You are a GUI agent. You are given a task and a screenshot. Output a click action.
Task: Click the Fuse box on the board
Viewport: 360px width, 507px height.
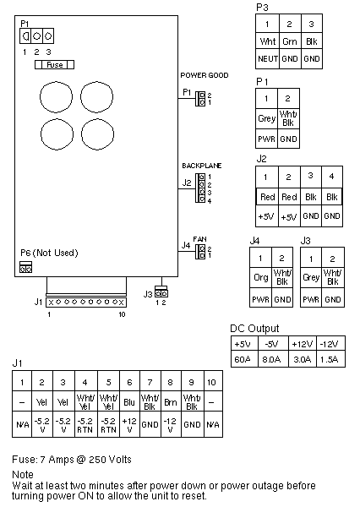tap(54, 65)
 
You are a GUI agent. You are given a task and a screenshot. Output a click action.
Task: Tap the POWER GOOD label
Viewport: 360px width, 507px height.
tap(205, 75)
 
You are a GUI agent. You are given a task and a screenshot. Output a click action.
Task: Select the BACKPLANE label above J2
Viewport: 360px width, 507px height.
tap(202, 166)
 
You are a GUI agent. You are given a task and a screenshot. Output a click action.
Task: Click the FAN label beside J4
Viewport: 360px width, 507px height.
tap(199, 239)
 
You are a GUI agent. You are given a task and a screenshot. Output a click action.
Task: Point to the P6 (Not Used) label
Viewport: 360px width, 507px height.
tap(49, 253)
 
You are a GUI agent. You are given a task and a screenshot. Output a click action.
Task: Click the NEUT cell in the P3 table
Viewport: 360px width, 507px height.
tap(268, 59)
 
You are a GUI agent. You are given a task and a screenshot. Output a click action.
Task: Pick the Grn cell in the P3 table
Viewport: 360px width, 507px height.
tap(290, 41)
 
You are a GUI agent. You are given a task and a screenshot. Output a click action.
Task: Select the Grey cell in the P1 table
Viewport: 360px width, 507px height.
tap(266, 118)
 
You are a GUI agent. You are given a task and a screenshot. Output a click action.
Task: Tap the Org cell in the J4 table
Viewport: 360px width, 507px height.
tap(260, 277)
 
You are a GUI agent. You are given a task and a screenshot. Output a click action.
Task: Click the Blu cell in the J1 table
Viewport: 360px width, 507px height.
tap(129, 402)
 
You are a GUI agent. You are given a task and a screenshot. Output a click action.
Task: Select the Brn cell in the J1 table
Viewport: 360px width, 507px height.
tap(170, 402)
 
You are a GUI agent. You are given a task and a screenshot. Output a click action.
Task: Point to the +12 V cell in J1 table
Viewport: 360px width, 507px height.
tap(129, 425)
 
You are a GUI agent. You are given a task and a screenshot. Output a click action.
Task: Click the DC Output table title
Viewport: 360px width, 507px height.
tap(254, 329)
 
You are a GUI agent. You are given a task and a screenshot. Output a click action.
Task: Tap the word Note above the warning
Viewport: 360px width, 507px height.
tap(23, 475)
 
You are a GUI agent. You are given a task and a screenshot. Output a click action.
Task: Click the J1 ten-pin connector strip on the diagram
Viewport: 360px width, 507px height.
tap(86, 303)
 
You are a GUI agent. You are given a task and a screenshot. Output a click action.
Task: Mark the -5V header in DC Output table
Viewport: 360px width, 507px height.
tap(272, 344)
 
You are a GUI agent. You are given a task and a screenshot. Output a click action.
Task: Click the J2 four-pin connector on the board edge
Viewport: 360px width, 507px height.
tap(200, 188)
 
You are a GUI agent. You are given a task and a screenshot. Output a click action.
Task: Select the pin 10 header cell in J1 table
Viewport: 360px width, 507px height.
tap(211, 382)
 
